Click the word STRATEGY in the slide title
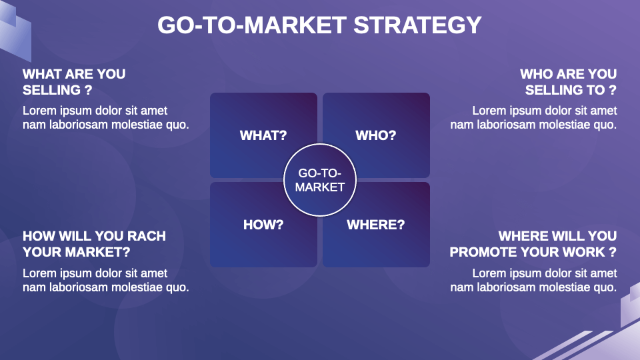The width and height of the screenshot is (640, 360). (x=417, y=25)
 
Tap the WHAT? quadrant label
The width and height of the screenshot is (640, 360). (x=263, y=135)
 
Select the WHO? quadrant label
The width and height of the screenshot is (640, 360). (x=376, y=135)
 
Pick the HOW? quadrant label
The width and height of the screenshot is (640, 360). (x=263, y=225)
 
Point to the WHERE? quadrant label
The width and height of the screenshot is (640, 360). (x=376, y=225)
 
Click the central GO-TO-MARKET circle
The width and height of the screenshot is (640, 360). (x=320, y=180)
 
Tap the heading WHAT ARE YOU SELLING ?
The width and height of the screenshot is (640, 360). (x=74, y=81)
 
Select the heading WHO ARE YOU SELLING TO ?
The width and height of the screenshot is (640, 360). (x=569, y=81)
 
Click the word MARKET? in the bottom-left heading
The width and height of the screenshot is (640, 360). (x=97, y=252)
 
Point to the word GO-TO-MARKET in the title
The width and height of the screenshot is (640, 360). (x=252, y=25)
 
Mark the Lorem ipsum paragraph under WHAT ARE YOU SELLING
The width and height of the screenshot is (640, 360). (x=106, y=117)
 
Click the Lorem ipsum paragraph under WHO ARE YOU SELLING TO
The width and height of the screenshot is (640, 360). (x=533, y=117)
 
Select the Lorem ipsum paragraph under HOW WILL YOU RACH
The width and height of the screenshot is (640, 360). (x=106, y=280)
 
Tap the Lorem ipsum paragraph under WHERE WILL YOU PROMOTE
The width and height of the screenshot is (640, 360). (x=533, y=280)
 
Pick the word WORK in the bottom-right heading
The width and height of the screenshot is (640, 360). (x=584, y=252)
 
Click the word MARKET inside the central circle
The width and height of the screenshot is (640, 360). (x=320, y=187)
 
